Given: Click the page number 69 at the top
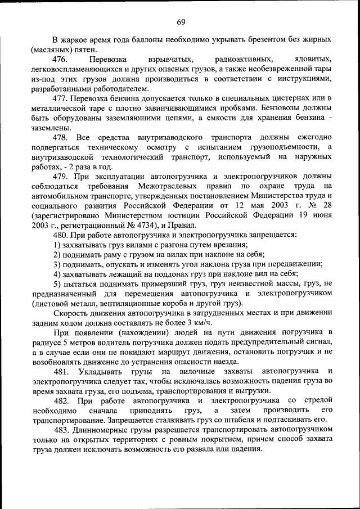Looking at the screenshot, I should click(x=180, y=22).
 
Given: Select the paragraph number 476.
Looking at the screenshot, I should click(x=61, y=59).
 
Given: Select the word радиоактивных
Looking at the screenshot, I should click(x=240, y=59).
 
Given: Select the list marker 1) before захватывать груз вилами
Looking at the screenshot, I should click(x=58, y=245).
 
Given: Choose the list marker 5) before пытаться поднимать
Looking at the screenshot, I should click(x=58, y=284).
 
